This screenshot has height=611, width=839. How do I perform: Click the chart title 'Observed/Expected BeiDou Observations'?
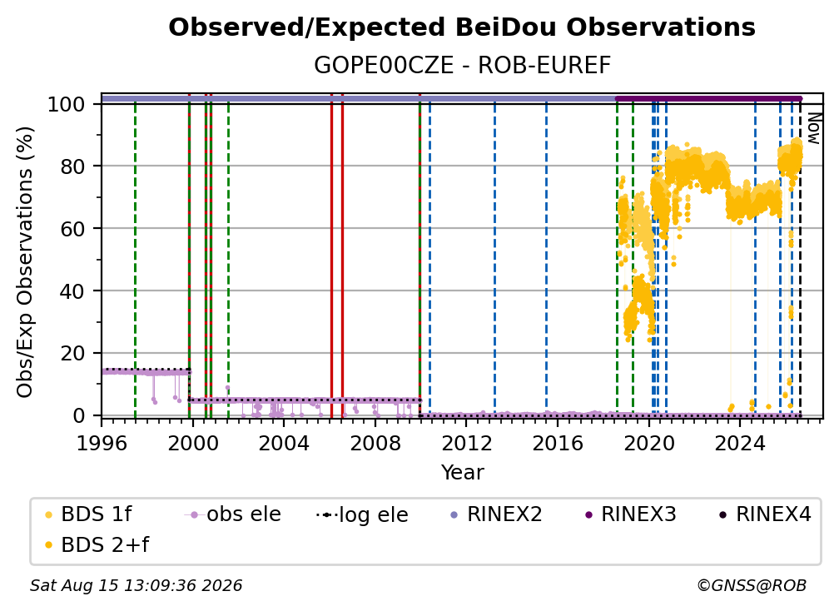462,27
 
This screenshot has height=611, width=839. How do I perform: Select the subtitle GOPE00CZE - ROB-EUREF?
462,66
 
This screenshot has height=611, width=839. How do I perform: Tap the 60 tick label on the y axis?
72,229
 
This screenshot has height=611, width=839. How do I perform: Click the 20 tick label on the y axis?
72,354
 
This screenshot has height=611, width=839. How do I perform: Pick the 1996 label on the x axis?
102,444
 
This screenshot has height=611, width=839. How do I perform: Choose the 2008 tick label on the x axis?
375,444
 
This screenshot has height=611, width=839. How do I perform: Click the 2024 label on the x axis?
739,444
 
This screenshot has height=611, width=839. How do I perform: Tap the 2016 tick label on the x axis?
558,444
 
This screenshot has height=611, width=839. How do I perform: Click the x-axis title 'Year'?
462,473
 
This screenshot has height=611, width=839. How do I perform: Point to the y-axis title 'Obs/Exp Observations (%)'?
25,262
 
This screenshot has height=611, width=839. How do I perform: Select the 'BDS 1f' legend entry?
88,514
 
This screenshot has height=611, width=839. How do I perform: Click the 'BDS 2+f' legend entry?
97,545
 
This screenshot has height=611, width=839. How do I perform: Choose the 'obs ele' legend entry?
233,514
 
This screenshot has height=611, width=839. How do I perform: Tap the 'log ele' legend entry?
362,515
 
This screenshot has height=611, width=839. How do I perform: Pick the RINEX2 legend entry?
497,514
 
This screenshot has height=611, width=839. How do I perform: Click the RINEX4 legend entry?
765,514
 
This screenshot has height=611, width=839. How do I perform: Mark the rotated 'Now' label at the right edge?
813,129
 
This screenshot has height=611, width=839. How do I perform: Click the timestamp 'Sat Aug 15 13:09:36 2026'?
136,586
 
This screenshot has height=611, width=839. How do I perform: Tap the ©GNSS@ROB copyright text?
752,586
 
